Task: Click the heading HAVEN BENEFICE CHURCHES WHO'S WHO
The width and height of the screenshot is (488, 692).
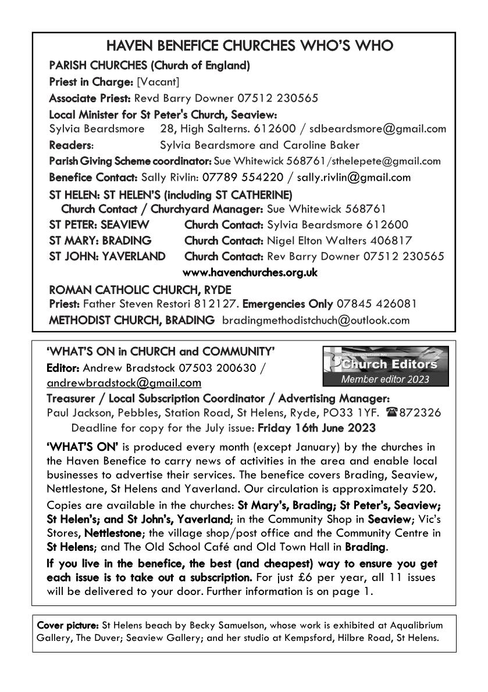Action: (x=244, y=46)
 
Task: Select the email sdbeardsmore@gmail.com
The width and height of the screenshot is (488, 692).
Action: (x=389, y=128)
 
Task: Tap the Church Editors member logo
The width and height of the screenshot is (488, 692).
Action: (x=385, y=366)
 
